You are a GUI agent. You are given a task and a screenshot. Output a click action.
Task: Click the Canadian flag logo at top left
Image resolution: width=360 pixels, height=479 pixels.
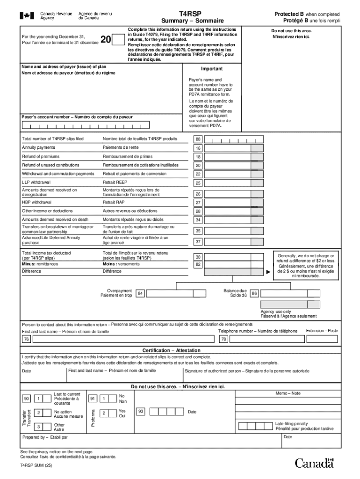pyautogui.click(x=27, y=16)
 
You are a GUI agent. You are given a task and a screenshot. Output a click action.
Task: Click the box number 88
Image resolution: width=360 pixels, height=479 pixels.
pyautogui.click(x=198, y=139)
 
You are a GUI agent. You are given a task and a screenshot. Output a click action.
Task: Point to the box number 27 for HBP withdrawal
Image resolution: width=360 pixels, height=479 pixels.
pyautogui.click(x=198, y=203)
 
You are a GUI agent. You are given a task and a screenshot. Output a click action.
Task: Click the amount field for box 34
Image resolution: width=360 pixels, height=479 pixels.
pyautogui.click(x=229, y=219)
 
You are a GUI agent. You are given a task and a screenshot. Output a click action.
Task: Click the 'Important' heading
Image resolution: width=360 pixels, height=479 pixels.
pyautogui.click(x=212, y=69)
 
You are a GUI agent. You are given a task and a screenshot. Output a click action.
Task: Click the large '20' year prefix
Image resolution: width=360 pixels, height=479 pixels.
pyautogui.click(x=106, y=41)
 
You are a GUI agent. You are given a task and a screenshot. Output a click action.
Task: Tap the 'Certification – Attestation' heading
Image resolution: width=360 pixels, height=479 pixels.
pyautogui.click(x=171, y=350)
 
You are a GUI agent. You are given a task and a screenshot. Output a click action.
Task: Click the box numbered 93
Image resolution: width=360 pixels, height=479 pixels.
pyautogui.click(x=140, y=412)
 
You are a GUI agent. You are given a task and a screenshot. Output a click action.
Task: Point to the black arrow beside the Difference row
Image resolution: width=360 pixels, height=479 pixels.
pyautogui.click(x=268, y=271)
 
